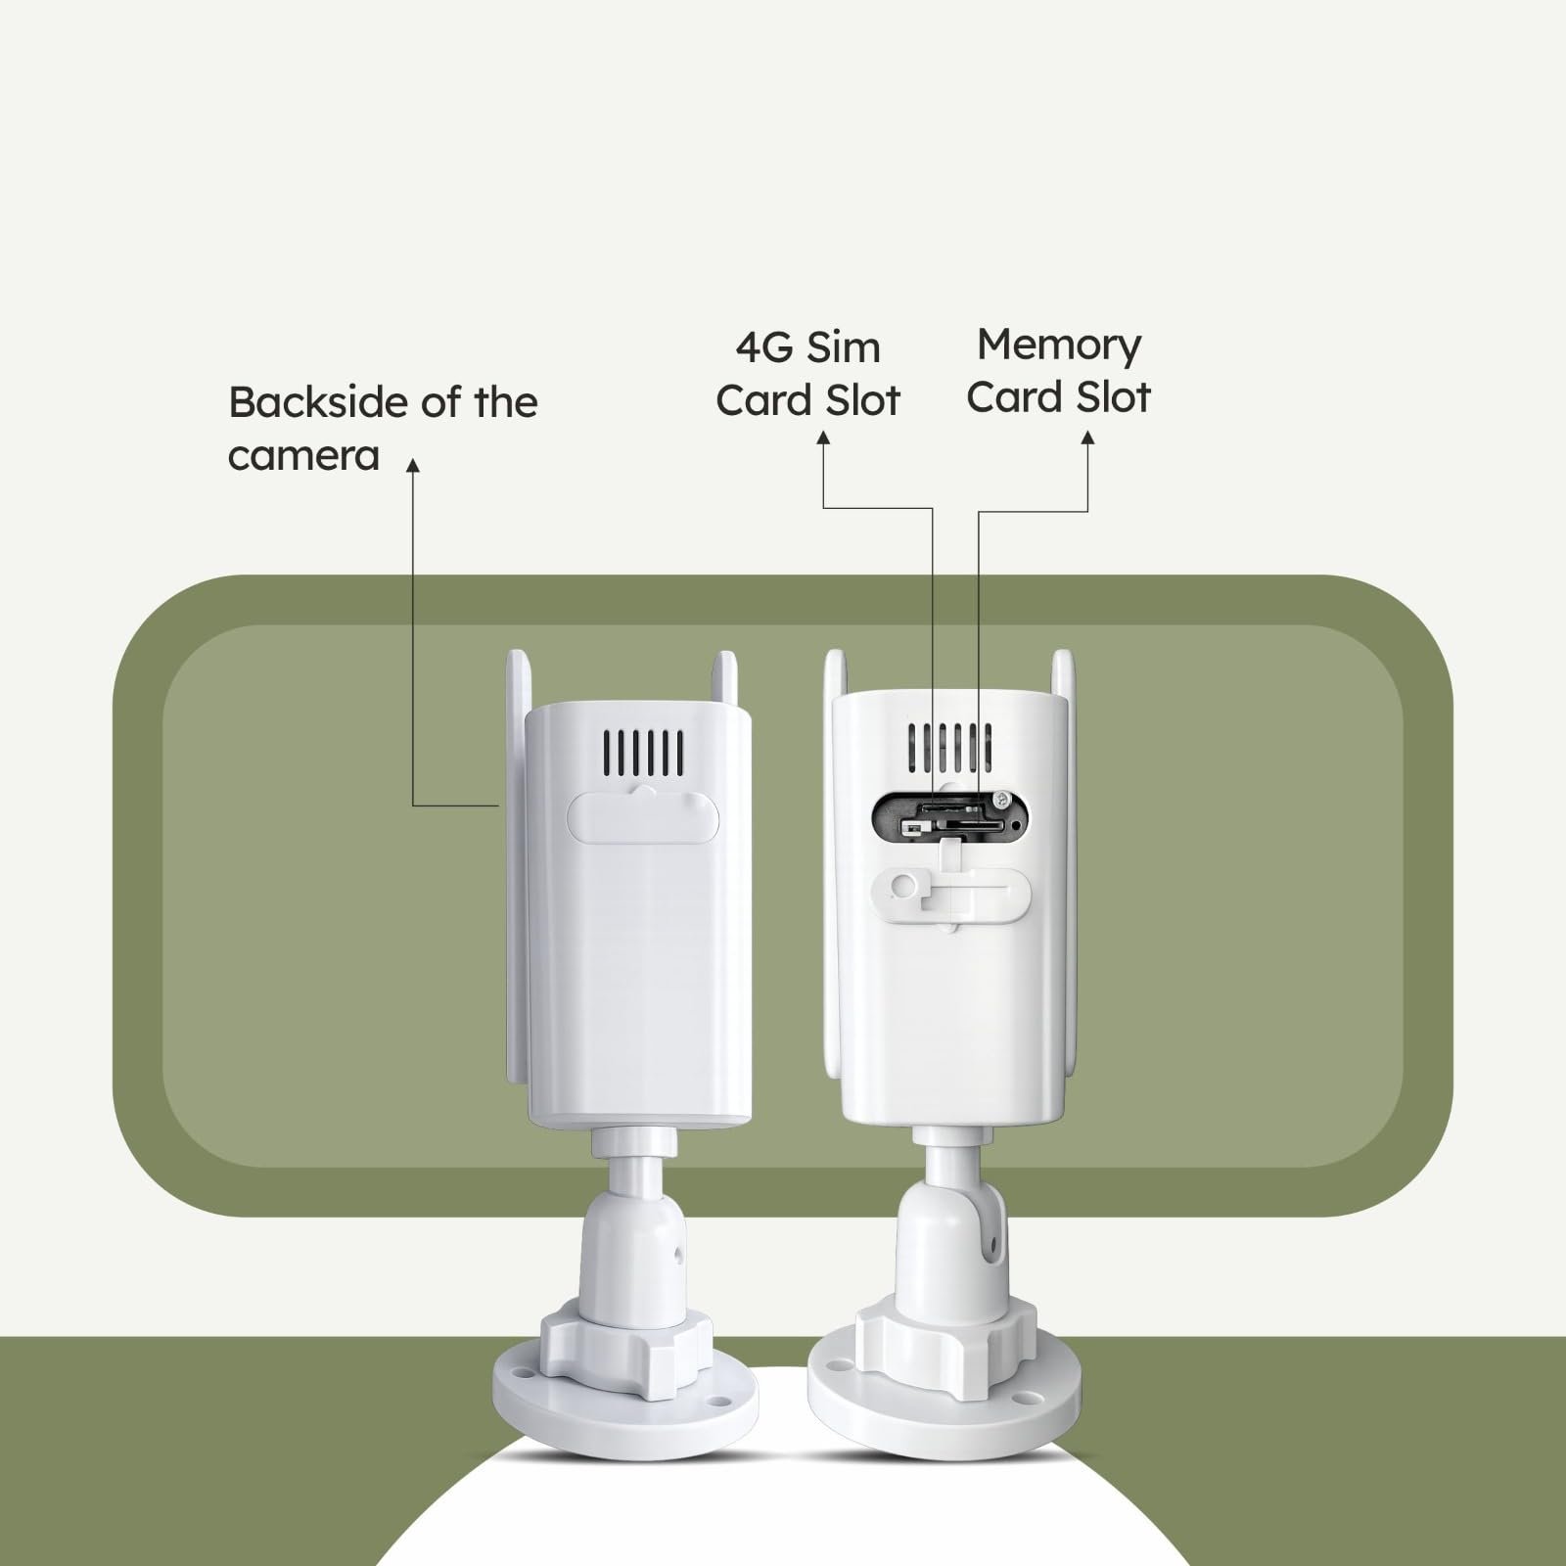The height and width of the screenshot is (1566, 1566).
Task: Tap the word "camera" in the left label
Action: (x=303, y=456)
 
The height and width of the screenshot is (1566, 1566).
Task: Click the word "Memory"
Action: (x=1059, y=345)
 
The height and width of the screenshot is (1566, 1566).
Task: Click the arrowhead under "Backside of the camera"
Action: (x=413, y=466)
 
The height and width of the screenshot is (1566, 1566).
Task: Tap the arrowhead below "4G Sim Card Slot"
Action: (x=823, y=440)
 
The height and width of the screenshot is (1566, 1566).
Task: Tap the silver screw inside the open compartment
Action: (x=1000, y=801)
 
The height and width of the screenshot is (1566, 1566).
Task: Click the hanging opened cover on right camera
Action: (x=948, y=887)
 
